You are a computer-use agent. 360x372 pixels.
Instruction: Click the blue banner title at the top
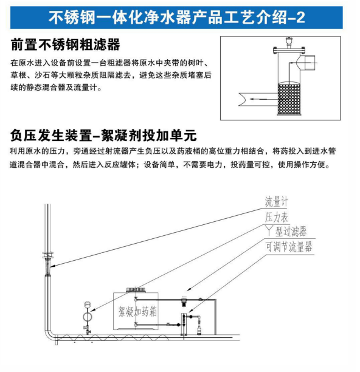click(176, 17)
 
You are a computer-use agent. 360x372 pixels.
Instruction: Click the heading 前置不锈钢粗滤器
click(65, 44)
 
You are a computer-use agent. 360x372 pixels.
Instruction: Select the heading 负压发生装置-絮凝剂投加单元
click(103, 136)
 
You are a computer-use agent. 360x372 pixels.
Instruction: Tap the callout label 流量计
click(277, 202)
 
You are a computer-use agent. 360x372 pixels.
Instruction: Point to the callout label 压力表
click(277, 217)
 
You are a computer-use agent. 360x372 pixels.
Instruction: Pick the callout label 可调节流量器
click(289, 247)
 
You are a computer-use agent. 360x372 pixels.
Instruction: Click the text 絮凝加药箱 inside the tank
click(137, 311)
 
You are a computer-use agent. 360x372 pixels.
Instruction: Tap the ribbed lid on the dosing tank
click(136, 289)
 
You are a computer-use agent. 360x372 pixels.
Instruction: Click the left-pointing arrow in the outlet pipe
click(257, 98)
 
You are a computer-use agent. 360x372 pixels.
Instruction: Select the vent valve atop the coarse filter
click(289, 42)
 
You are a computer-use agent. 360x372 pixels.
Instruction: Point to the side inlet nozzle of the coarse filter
click(308, 63)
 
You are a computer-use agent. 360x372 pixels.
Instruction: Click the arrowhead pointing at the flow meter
click(53, 266)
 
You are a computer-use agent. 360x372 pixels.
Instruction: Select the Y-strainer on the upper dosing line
click(183, 301)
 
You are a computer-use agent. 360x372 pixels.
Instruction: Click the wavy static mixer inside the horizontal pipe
click(111, 337)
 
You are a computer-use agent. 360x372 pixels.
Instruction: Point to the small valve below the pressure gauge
click(88, 329)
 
